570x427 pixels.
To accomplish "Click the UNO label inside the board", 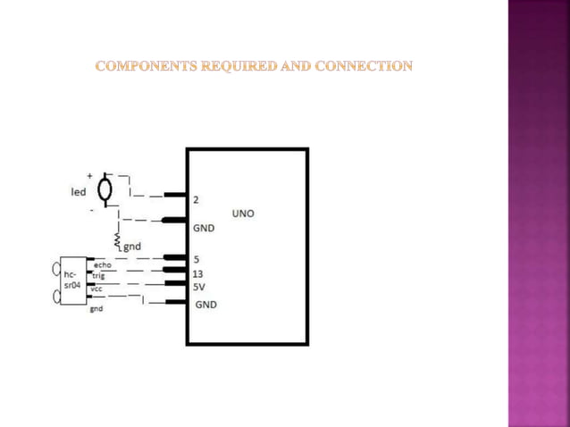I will point(243,213).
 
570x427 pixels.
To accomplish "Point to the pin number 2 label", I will point(196,199).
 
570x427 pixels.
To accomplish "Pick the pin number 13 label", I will point(198,274).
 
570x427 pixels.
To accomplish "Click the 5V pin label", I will point(199,287).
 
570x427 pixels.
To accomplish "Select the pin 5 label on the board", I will point(196,260).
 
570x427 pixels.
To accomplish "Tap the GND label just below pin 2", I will point(204,228).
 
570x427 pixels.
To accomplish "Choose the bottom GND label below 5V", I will point(205,305).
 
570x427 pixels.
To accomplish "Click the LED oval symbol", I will point(105,189).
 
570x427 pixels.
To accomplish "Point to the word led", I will point(79,190).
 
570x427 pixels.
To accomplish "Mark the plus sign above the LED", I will point(89,176).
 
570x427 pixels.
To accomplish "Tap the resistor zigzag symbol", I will point(118,239).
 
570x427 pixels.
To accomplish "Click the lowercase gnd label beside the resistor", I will point(131,247).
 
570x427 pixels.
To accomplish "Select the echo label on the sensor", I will point(102,265).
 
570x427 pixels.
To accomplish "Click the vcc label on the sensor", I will point(96,289).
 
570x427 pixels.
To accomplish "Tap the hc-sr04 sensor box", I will point(71,281).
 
